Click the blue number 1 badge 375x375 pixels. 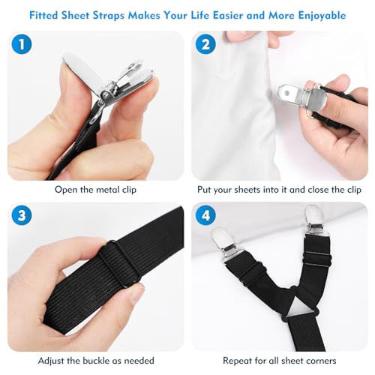23,45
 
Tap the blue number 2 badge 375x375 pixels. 206,45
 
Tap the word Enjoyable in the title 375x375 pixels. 317,15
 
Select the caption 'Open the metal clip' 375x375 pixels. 96,189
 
